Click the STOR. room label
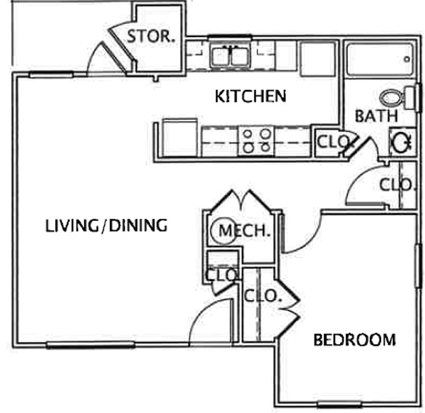tap(151, 36)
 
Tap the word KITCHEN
tap(250, 96)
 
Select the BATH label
tap(376, 116)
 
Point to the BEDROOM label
tap(355, 340)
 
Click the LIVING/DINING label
tap(106, 226)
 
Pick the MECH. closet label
tap(245, 231)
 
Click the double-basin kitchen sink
tap(230, 56)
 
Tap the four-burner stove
tap(257, 140)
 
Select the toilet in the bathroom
tap(397, 98)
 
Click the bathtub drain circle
tap(407, 59)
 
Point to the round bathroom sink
tap(402, 142)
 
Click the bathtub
tap(380, 60)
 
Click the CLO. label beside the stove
tap(333, 141)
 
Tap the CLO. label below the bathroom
tap(397, 185)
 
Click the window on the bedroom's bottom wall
tap(340, 405)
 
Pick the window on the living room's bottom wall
tap(91, 345)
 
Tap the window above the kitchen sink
tap(230, 37)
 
